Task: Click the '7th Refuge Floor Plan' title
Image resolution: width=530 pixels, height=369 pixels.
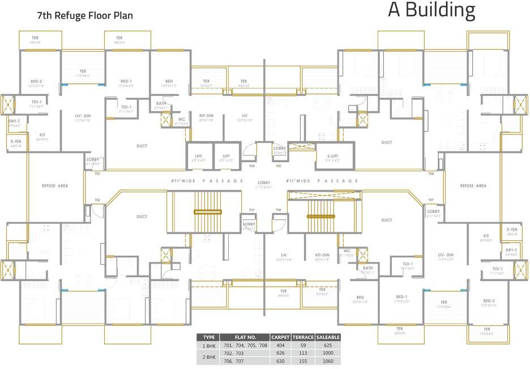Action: coord(85,15)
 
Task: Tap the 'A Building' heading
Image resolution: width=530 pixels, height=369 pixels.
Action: coord(431,11)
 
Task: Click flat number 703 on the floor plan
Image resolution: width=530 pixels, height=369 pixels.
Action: coord(97,174)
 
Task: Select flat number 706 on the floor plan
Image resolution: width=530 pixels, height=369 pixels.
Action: coord(431,174)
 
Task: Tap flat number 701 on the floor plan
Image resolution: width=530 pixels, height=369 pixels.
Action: coord(251,210)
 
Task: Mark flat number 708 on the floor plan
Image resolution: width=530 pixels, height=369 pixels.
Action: coord(278,210)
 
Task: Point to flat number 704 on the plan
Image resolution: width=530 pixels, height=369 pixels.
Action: coord(251,166)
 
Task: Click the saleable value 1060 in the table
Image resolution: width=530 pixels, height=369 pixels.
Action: coord(328,361)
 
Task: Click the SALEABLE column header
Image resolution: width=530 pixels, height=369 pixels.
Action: coord(328,337)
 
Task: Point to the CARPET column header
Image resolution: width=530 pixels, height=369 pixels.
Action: coord(280,337)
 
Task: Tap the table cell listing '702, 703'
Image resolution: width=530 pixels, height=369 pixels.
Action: coord(239,353)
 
